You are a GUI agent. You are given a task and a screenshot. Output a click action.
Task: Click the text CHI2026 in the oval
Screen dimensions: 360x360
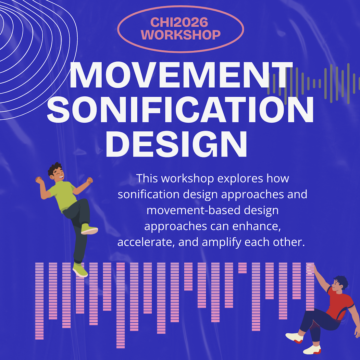(x=179, y=23)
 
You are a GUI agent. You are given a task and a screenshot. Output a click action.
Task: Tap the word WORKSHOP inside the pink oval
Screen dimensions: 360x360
(x=181, y=35)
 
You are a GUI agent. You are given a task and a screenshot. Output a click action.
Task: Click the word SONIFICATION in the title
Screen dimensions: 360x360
(x=180, y=110)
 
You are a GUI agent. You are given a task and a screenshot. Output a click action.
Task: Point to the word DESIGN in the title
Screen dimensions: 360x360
(x=176, y=143)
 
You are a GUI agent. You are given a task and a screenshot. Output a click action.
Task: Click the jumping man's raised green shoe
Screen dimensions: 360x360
(x=89, y=228)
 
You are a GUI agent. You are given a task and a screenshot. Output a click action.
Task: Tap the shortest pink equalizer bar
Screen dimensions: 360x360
(x=242, y=268)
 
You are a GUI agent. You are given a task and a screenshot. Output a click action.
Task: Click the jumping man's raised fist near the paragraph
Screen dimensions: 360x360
(x=90, y=181)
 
